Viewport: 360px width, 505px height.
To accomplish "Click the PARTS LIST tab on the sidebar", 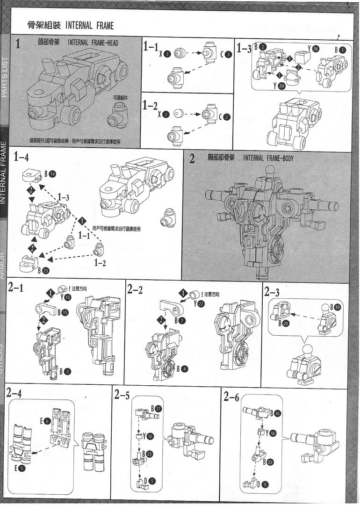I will [5, 77].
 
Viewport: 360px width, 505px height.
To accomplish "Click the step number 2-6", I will [231, 397].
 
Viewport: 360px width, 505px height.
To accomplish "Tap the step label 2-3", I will [272, 292].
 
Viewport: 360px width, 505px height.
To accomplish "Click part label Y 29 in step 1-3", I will [278, 86].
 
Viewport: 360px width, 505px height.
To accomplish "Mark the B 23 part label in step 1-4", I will [43, 270].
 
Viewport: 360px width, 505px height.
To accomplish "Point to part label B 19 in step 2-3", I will [335, 307].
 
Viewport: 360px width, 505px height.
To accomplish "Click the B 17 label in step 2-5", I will [156, 408].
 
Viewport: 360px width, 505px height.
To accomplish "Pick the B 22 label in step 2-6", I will [270, 462].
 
